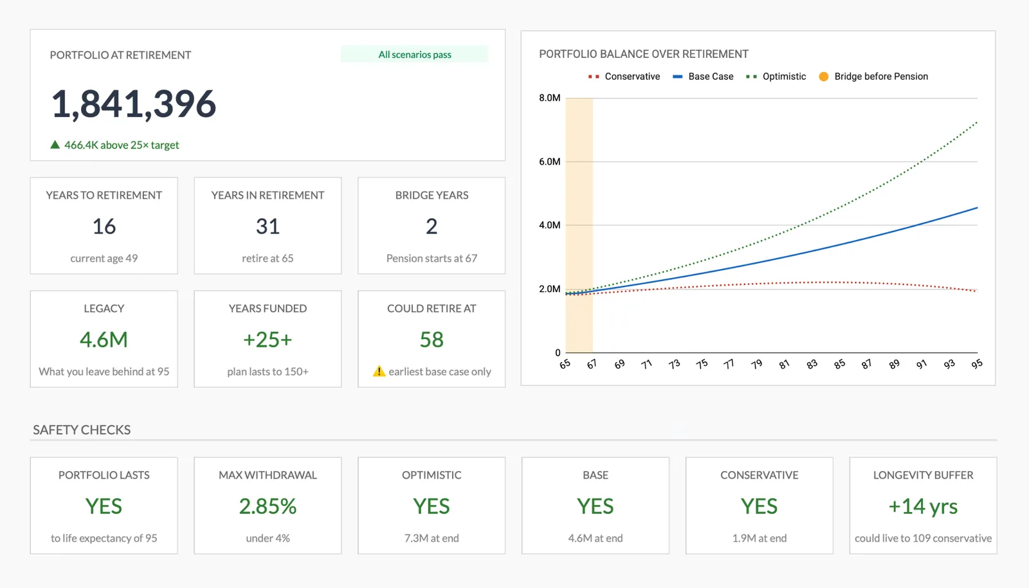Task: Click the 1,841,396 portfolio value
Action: pos(134,104)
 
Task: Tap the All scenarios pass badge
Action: pos(415,55)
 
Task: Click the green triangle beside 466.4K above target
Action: pos(55,145)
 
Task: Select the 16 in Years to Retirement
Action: pos(104,226)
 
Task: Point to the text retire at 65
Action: pos(268,258)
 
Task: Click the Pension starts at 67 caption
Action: pos(432,258)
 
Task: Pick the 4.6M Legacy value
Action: pos(104,340)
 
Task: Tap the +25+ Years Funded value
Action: pos(268,340)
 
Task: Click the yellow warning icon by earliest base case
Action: pos(379,371)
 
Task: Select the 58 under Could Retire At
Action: pos(432,340)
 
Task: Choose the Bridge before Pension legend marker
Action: pos(824,77)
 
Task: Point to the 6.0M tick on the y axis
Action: pos(550,161)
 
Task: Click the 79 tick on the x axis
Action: pos(756,364)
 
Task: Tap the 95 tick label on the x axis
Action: pos(977,364)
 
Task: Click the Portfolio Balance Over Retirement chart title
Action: pos(644,54)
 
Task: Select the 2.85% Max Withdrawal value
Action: pos(268,507)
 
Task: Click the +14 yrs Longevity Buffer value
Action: pos(923,507)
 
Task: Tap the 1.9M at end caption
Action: pos(759,538)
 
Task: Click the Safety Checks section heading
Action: pos(82,430)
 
